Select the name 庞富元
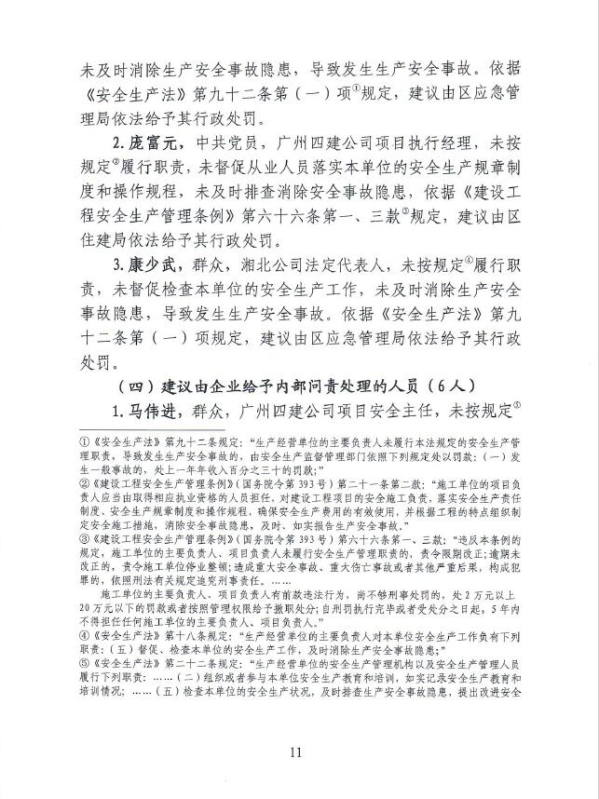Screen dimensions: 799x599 [152, 143]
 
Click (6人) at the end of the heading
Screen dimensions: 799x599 [438, 386]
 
